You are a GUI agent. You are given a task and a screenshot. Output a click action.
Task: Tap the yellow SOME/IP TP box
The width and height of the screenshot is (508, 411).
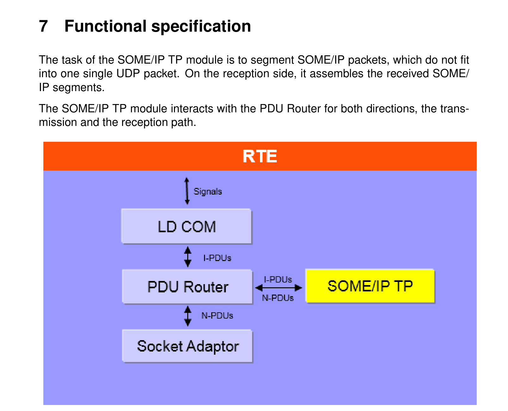[x=370, y=285]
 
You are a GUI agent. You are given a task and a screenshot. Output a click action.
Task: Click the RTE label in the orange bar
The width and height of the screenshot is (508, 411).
[x=259, y=156]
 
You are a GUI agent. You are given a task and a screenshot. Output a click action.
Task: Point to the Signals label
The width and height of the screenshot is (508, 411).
[x=208, y=191]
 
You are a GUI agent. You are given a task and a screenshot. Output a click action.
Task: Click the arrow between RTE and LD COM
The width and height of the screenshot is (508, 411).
[x=187, y=191]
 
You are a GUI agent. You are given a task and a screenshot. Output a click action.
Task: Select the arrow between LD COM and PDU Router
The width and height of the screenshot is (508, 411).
[x=188, y=257]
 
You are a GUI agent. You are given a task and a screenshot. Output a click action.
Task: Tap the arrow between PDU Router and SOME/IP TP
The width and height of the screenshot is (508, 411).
[x=278, y=288]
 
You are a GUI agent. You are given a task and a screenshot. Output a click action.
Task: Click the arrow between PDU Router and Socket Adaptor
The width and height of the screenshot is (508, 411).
[x=188, y=316]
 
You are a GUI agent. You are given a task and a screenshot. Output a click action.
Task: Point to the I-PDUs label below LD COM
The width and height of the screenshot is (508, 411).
[x=217, y=258]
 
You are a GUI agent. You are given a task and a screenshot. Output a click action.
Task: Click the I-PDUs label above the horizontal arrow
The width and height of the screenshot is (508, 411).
[x=278, y=279]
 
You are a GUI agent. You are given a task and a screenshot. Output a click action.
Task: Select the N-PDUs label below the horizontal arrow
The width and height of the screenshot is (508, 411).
[x=278, y=298]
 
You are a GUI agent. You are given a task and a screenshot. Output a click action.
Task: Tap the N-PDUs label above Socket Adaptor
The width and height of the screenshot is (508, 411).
[x=217, y=315]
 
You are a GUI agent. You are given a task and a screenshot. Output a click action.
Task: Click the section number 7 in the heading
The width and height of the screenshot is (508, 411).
[x=43, y=26]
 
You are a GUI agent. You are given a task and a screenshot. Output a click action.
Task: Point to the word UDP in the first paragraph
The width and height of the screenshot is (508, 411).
[x=128, y=73]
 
